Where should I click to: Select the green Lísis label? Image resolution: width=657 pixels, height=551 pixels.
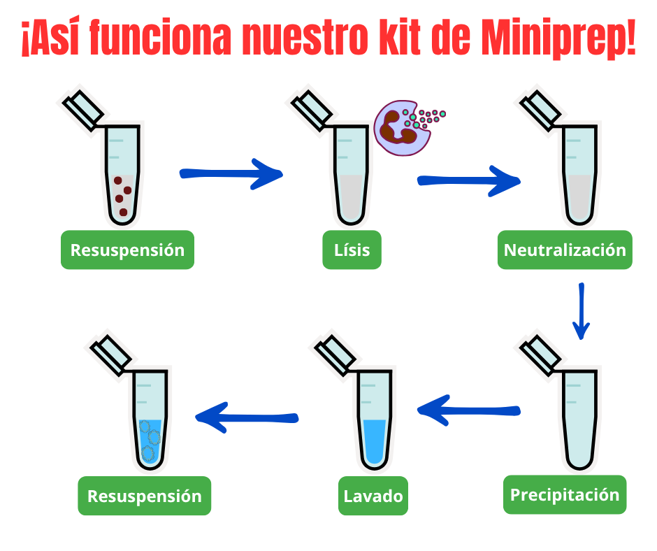(352, 250)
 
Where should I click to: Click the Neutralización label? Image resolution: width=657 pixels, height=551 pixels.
(565, 250)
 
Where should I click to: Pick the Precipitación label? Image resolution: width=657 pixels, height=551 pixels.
(565, 495)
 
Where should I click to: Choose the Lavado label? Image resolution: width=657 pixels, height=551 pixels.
(373, 496)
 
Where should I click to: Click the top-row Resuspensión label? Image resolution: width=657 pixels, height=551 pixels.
(127, 250)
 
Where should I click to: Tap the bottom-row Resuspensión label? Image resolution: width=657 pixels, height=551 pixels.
(144, 496)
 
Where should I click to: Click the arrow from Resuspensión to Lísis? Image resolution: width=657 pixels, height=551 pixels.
(231, 173)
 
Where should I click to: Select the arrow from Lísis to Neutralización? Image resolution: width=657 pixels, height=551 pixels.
(468, 180)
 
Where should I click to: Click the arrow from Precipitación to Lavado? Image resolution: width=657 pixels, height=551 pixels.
(468, 410)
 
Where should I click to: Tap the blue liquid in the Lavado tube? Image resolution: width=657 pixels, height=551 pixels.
(375, 441)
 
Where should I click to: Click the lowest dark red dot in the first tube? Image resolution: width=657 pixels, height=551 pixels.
(124, 211)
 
